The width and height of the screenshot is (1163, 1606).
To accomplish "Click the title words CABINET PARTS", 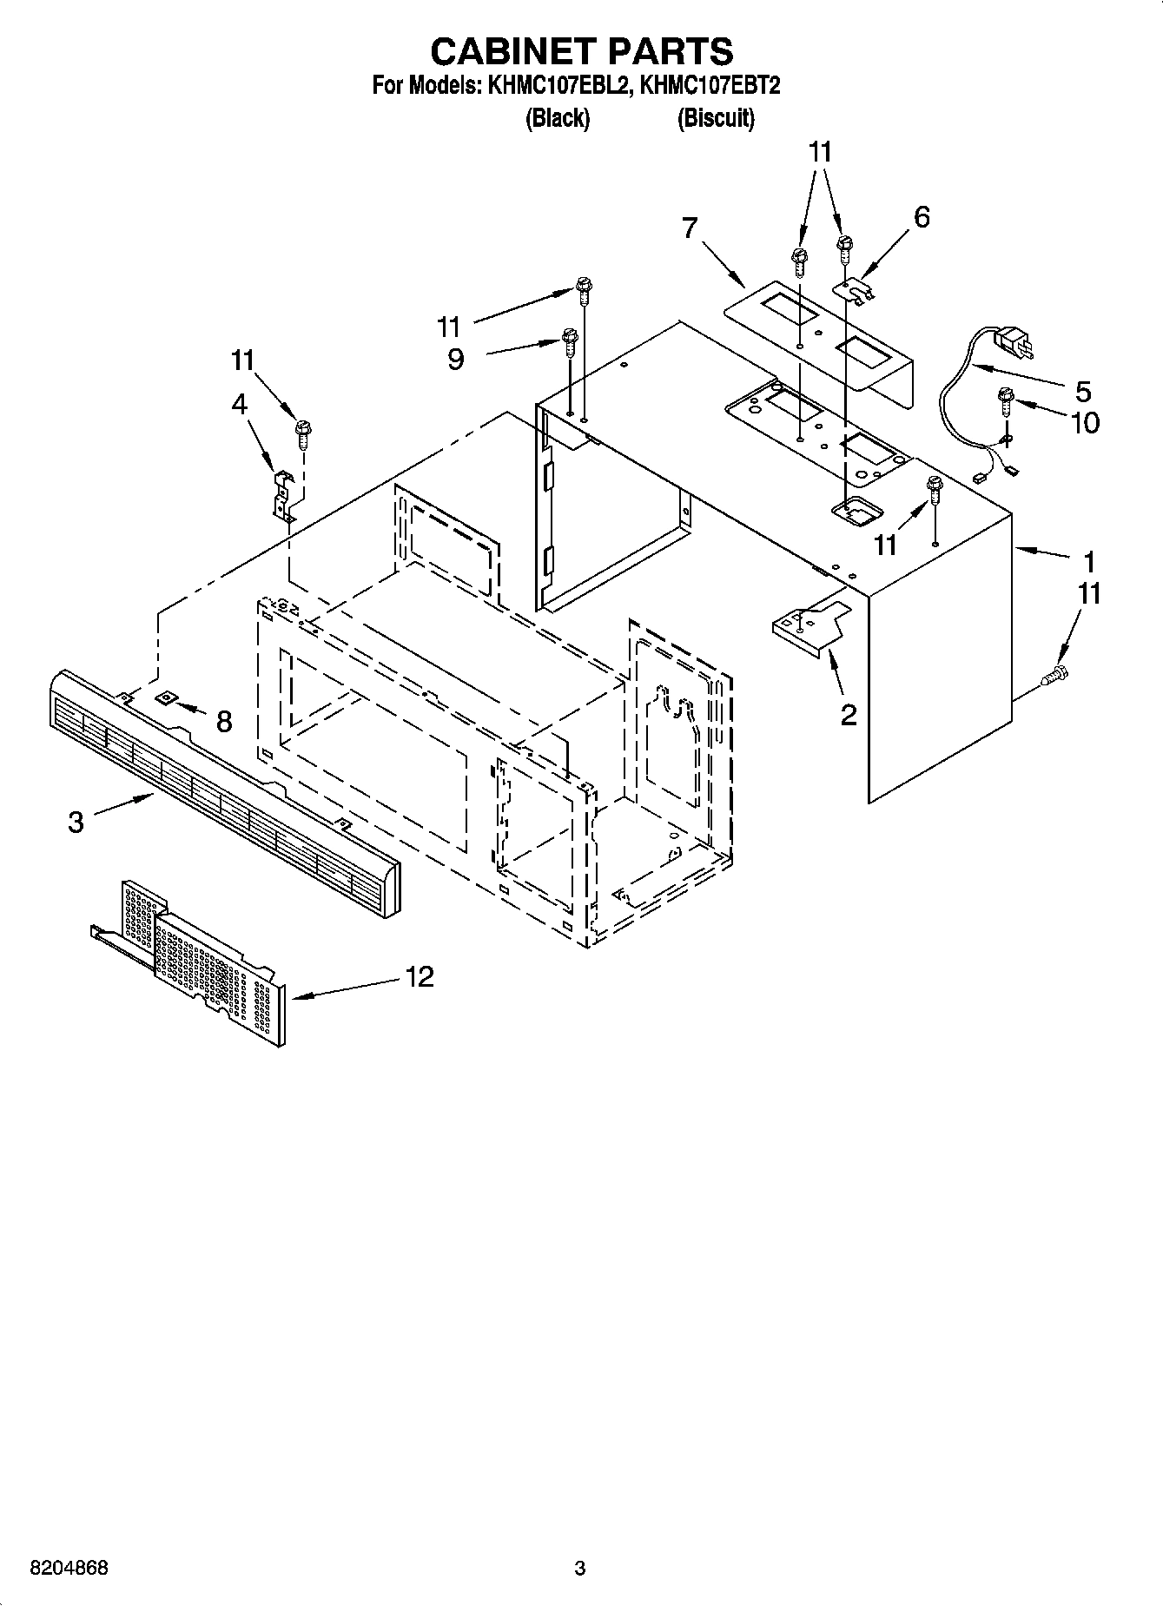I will [581, 51].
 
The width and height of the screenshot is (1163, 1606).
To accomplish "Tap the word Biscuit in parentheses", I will [716, 118].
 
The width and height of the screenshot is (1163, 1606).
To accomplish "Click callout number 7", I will [689, 228].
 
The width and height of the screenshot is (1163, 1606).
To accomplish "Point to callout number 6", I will [922, 217].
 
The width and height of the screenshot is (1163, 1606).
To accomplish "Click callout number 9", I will [455, 359].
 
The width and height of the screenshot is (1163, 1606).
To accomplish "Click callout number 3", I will [76, 822].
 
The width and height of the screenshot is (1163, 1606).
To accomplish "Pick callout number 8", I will [224, 721].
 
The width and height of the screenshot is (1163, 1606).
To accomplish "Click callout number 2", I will [849, 715].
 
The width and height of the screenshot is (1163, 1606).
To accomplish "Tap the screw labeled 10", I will [1007, 401].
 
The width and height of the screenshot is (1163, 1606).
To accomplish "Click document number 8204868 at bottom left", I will [69, 1569].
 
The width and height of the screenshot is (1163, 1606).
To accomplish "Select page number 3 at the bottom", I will [580, 1569].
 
